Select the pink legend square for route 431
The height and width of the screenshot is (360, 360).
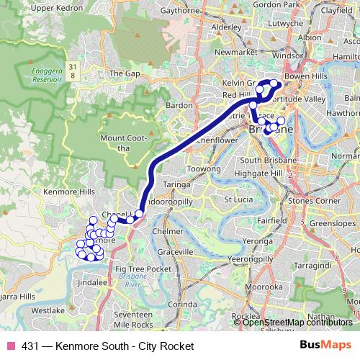point(11,346)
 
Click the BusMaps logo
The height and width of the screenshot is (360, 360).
point(326,346)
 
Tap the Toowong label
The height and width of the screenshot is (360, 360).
point(203,168)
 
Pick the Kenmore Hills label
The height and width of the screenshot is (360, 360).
point(69,192)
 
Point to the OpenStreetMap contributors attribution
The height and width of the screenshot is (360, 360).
point(297,322)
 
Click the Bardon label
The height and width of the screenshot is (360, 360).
point(179,105)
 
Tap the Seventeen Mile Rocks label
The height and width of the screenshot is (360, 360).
point(132,320)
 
